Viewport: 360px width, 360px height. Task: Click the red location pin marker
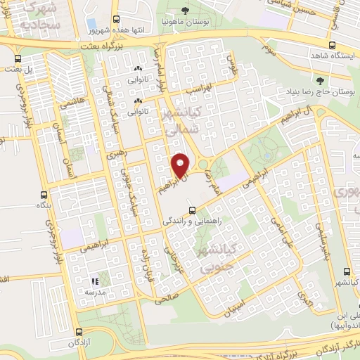(x=182, y=165)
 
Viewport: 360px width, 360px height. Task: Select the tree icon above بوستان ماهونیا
(x=185, y=10)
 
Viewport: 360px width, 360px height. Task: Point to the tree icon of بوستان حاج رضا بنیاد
(x=321, y=81)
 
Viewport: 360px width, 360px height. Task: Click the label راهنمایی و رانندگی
(x=192, y=220)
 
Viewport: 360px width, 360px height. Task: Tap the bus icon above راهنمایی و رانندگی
(x=192, y=209)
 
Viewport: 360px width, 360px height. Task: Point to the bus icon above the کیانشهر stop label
(x=345, y=271)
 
